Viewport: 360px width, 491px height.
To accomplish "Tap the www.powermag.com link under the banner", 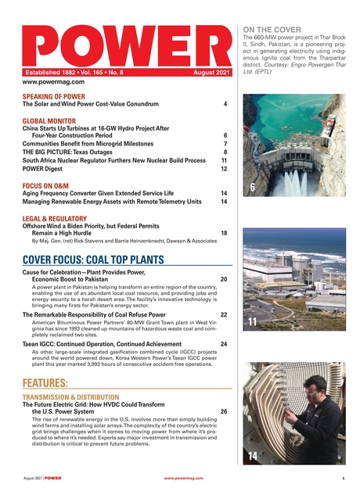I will coord(49,82).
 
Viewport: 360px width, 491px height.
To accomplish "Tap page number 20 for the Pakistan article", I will coord(224,279).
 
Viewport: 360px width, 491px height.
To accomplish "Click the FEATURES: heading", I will coord(45,383).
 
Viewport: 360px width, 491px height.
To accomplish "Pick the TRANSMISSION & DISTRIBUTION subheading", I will coord(70,397).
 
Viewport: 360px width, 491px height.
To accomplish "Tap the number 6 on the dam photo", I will coord(252,188).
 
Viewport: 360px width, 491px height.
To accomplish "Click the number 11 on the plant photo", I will coord(252,322).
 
